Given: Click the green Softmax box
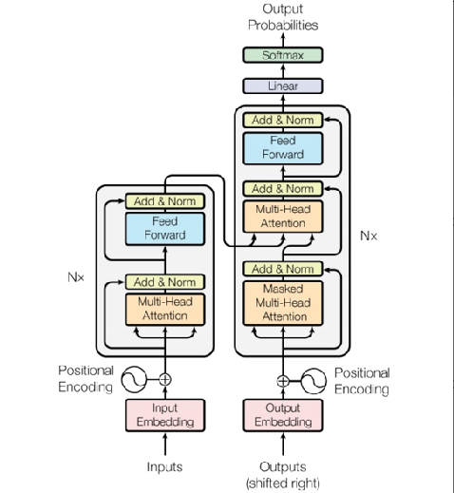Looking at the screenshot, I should tap(282, 56).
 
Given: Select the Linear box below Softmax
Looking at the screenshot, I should tap(282, 86).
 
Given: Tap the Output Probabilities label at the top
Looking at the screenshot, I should tap(283, 16).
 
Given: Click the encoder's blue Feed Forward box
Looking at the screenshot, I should tap(165, 229).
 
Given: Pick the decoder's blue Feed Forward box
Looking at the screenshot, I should tap(282, 147).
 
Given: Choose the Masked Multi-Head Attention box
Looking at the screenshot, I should tap(282, 302).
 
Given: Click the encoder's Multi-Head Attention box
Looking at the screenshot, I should tap(165, 309).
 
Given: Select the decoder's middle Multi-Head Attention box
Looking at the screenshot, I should tap(282, 216).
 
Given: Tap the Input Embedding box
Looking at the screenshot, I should tap(165, 415).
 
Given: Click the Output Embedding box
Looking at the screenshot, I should tap(282, 415).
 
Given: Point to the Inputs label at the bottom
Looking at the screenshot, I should tap(165, 466).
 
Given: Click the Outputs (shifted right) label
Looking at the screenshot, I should tap(282, 474).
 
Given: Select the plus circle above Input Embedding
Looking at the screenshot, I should tap(165, 379).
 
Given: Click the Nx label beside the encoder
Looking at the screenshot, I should tap(77, 277).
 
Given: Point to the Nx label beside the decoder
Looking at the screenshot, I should tap(369, 235).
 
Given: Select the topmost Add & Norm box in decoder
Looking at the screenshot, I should tap(282, 121).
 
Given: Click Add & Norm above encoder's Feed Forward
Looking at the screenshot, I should tap(165, 201).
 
